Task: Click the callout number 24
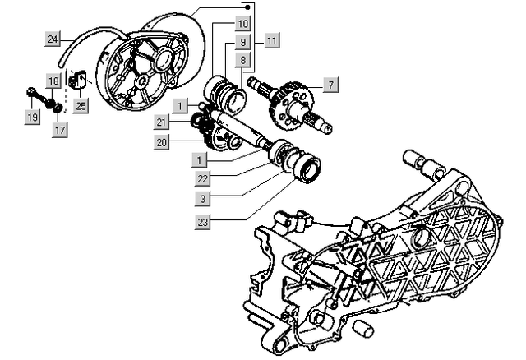tap(52, 39)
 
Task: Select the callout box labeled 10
tap(244, 23)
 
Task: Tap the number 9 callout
tap(244, 41)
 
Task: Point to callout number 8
tap(244, 59)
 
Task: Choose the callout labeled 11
tap(272, 40)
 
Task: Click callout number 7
tap(329, 85)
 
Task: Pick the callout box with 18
tap(53, 81)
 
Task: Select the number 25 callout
tap(81, 105)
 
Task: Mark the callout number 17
tap(60, 129)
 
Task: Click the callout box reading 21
tap(163, 122)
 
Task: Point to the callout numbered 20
tap(163, 142)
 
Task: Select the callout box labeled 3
tap(202, 199)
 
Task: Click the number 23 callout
tap(202, 221)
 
